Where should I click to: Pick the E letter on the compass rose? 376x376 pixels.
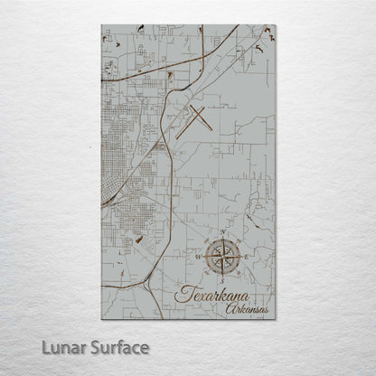click(x=245, y=258)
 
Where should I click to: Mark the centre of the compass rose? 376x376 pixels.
click(x=223, y=258)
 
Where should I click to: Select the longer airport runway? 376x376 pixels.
click(x=194, y=122)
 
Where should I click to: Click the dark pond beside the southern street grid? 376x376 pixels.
click(x=137, y=240)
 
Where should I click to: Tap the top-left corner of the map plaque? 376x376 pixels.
click(x=102, y=26)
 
